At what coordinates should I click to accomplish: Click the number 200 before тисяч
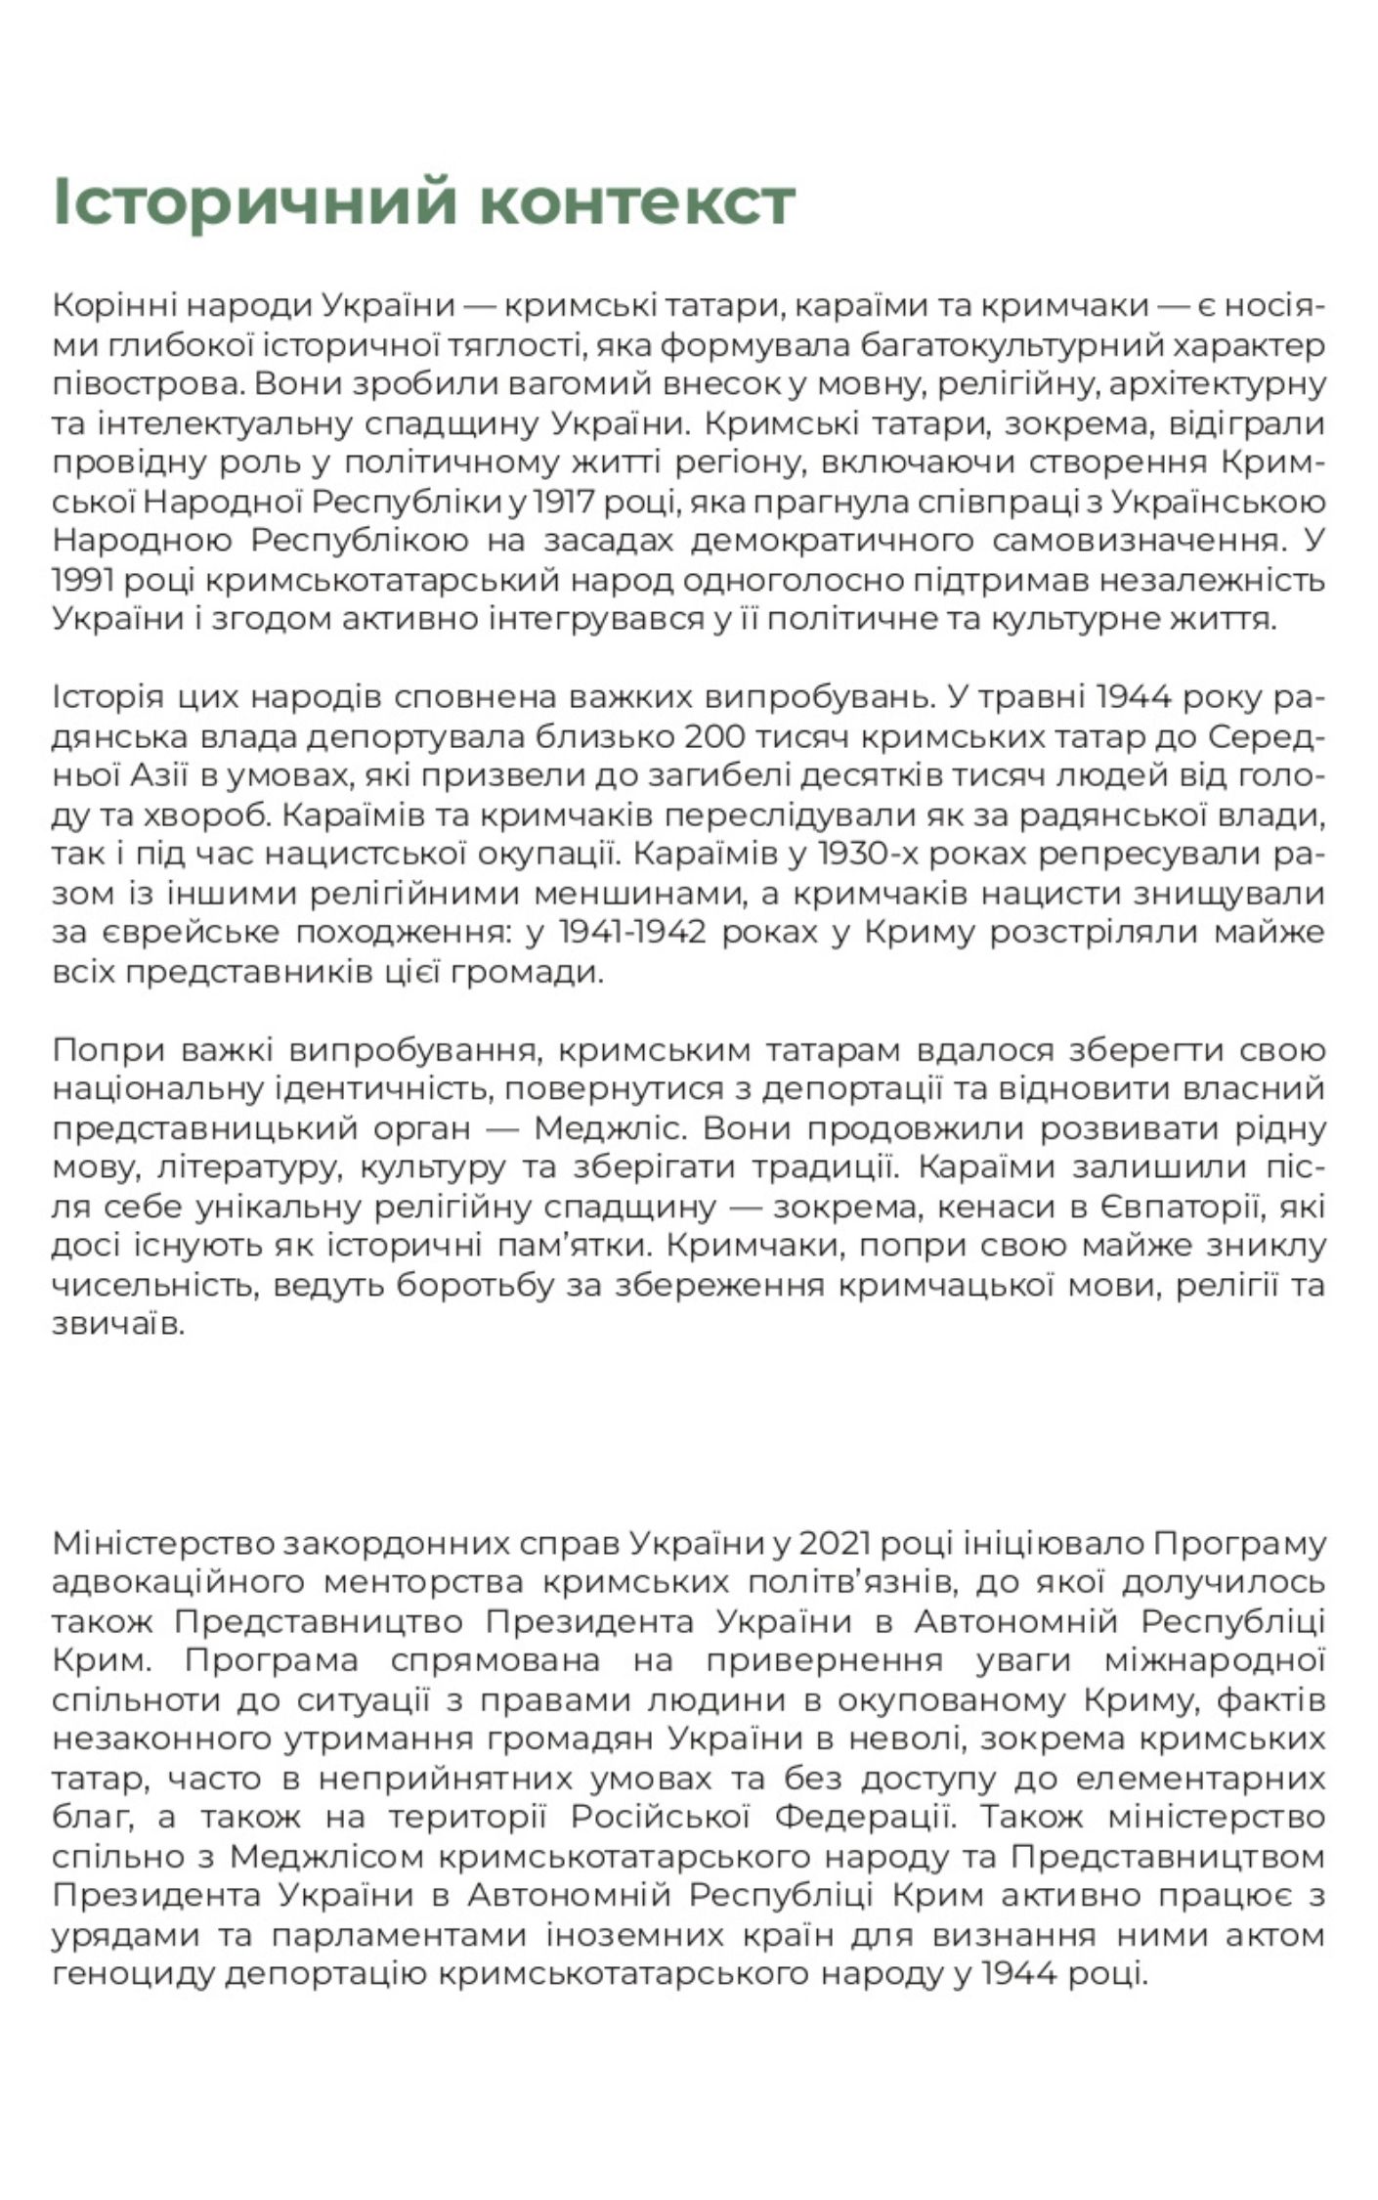point(716,737)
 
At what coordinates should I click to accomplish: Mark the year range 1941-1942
point(632,933)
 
